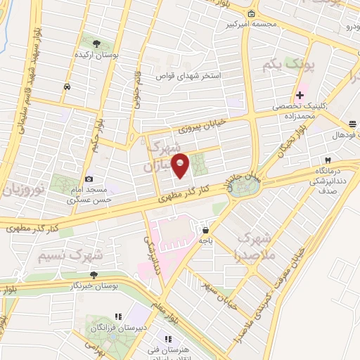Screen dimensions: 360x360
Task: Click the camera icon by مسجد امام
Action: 88,179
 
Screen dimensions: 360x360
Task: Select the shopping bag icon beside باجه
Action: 205,229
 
